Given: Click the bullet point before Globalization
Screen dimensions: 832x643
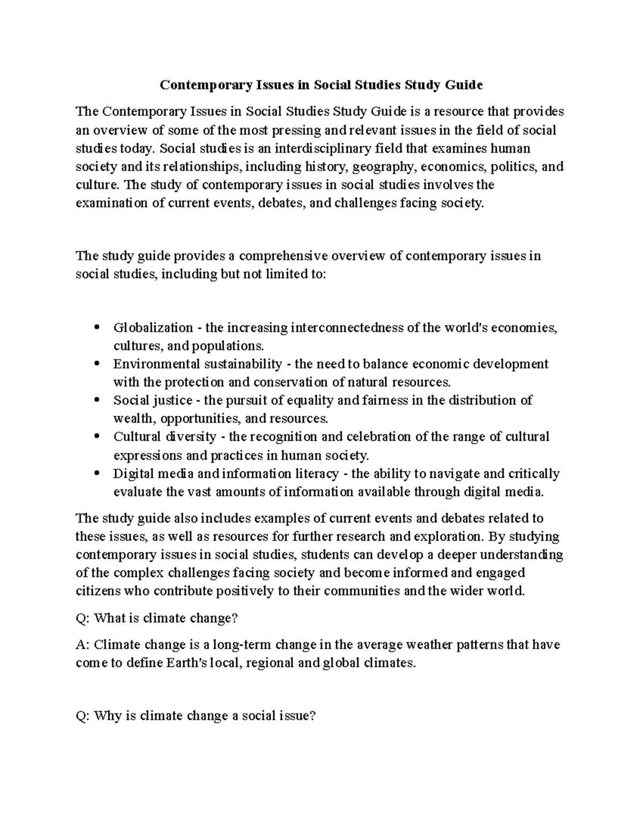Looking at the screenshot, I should pos(97,328).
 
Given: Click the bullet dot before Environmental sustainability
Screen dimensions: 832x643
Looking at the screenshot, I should pos(97,364).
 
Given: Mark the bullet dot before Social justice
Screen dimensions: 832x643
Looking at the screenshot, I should pos(97,401).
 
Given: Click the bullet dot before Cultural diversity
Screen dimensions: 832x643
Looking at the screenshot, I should pos(97,437).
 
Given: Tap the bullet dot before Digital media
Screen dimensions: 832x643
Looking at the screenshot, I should pos(97,474).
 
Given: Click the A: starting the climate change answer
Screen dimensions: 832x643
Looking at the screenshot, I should pos(83,644).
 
